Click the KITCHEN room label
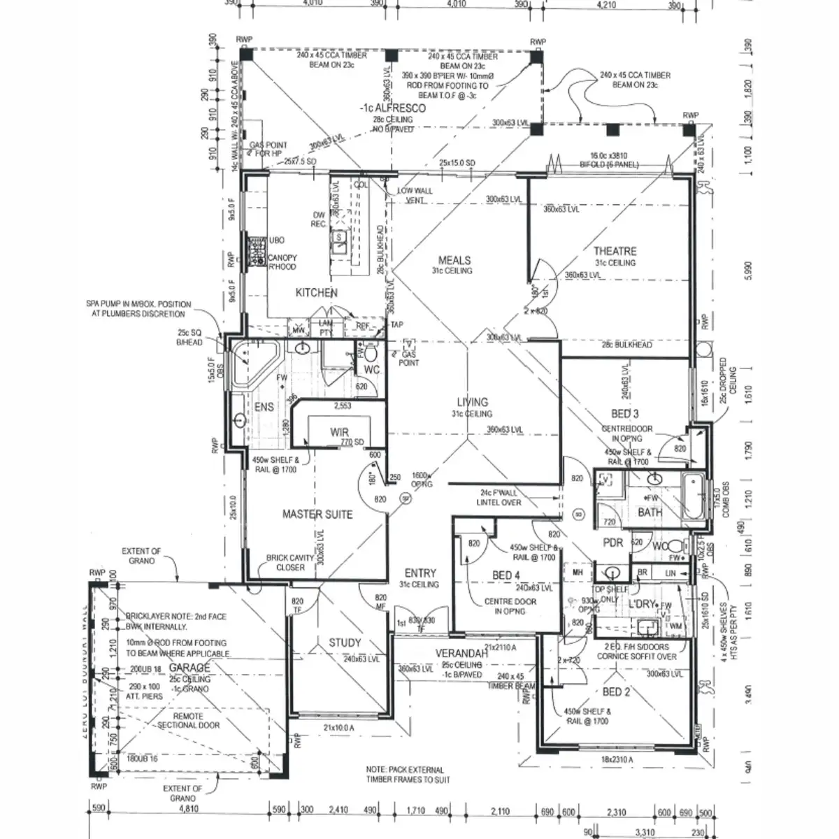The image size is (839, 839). point(316,293)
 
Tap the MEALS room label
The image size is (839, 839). point(454,261)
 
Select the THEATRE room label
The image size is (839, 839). point(615,251)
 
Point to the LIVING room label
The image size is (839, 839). point(473,402)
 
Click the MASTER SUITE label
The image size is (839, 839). point(317,515)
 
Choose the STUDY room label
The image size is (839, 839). point(345,643)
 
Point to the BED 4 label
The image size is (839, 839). point(506,575)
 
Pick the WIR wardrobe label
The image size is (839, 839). point(340,433)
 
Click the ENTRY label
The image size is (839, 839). point(420,573)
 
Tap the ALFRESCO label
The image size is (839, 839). point(396,109)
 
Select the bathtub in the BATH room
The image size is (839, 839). point(694,497)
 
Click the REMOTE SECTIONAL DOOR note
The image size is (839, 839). point(188,720)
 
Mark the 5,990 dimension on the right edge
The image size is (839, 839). point(749,271)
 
